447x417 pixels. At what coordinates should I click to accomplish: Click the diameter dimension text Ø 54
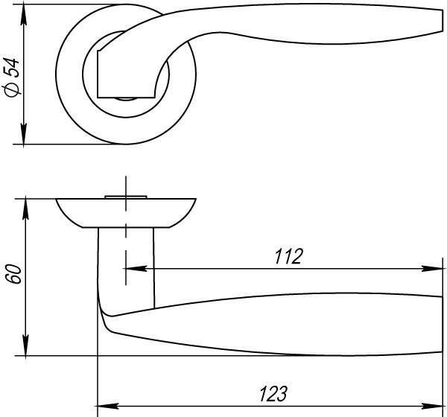coord(11,77)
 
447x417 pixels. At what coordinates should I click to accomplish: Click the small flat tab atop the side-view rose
coord(126,196)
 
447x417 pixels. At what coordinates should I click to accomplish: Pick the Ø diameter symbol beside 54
coord(11,89)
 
